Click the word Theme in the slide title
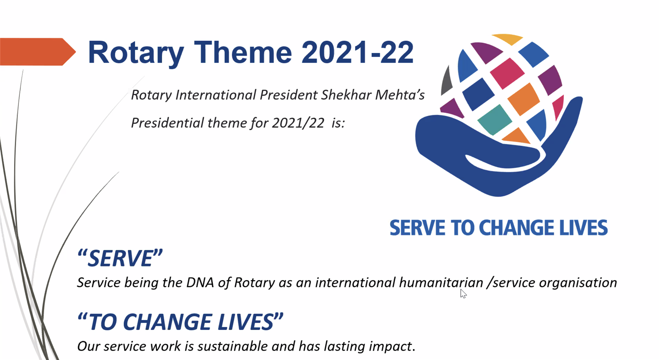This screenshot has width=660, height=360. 243,52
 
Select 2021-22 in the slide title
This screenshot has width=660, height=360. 358,52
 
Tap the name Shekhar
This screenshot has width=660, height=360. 346,95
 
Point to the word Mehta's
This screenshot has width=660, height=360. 400,95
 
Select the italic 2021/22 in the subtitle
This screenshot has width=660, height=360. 298,123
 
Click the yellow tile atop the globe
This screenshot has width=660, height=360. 507,39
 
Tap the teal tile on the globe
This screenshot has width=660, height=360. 494,119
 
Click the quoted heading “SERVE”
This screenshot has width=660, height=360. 120,258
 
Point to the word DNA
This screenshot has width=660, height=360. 200,283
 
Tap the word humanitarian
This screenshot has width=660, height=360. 441,283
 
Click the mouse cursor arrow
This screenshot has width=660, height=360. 463,293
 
